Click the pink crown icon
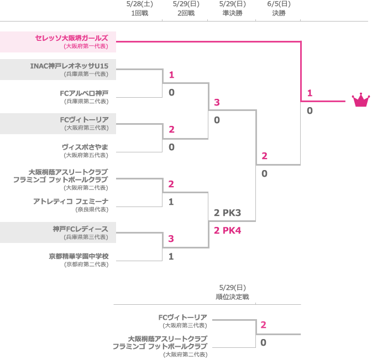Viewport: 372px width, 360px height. click(360, 100)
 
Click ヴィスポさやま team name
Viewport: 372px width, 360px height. click(85, 147)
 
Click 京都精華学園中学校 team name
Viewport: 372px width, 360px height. click(78, 256)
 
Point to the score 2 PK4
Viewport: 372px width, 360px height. click(227, 230)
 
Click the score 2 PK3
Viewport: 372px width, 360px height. click(227, 213)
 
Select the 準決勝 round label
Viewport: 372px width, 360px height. click(232, 13)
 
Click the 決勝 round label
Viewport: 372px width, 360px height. click(279, 13)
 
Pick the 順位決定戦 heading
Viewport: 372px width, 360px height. click(232, 297)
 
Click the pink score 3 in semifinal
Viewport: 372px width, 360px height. click(217, 102)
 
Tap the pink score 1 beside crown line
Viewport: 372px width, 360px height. click(310, 93)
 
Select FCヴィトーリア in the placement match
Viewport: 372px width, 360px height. click(182, 317)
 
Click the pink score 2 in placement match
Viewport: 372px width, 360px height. click(264, 325)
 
